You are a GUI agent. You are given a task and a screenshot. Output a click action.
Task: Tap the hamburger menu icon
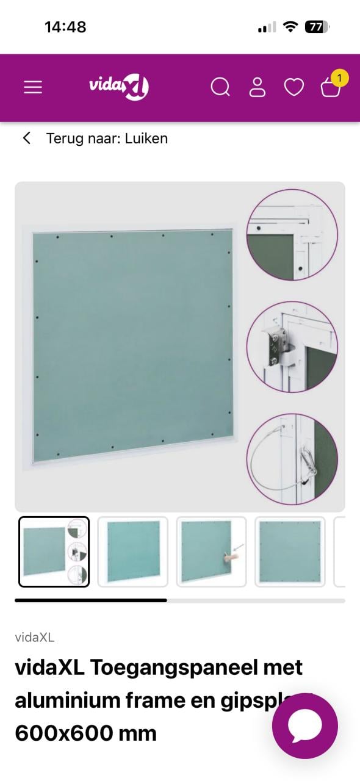pos(33,88)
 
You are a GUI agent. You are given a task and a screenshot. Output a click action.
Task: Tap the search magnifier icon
pos(220,87)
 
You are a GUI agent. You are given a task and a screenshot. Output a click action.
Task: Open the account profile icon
pos(257,87)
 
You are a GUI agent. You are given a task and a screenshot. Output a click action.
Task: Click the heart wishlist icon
pos(294,88)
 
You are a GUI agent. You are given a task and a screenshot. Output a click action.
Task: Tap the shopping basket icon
pos(330,88)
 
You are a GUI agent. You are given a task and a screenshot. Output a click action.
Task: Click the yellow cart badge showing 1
pos(339,78)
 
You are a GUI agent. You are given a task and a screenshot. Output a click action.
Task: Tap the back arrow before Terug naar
pos(27,139)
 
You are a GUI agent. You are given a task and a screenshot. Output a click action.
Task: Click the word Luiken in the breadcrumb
pos(146,139)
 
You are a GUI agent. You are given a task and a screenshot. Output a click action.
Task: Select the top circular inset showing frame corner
pos(292,235)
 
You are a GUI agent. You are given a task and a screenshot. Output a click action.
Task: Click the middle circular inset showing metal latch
pos(292,347)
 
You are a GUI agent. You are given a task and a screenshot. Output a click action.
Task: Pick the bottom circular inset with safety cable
pos(292,459)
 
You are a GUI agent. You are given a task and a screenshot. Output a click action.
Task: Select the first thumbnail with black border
pos(54,552)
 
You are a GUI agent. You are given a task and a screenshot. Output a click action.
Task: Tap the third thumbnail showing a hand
pos(211,552)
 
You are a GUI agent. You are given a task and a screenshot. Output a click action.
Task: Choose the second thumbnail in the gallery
pos(132,552)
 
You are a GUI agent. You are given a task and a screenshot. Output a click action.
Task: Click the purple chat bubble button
pos(304,725)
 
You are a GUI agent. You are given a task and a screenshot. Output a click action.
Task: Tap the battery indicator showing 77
pos(317,27)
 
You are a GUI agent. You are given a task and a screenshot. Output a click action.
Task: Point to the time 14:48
pos(65,27)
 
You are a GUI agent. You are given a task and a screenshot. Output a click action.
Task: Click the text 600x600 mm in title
pos(85,733)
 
